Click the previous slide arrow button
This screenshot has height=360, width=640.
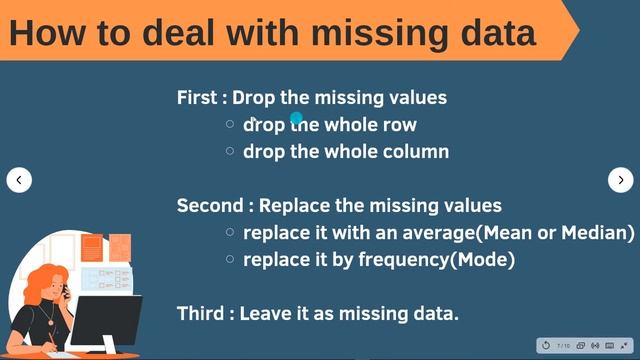click(x=19, y=180)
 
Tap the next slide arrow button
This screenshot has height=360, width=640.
click(x=620, y=180)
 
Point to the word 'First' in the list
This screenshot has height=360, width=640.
click(x=197, y=98)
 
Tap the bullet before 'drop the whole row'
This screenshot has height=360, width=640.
click(x=230, y=125)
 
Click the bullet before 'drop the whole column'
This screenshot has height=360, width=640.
click(x=230, y=152)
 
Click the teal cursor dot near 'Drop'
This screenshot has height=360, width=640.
click(x=296, y=118)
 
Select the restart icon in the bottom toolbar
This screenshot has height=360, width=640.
click(x=546, y=346)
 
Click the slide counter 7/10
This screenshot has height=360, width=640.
click(x=564, y=346)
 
